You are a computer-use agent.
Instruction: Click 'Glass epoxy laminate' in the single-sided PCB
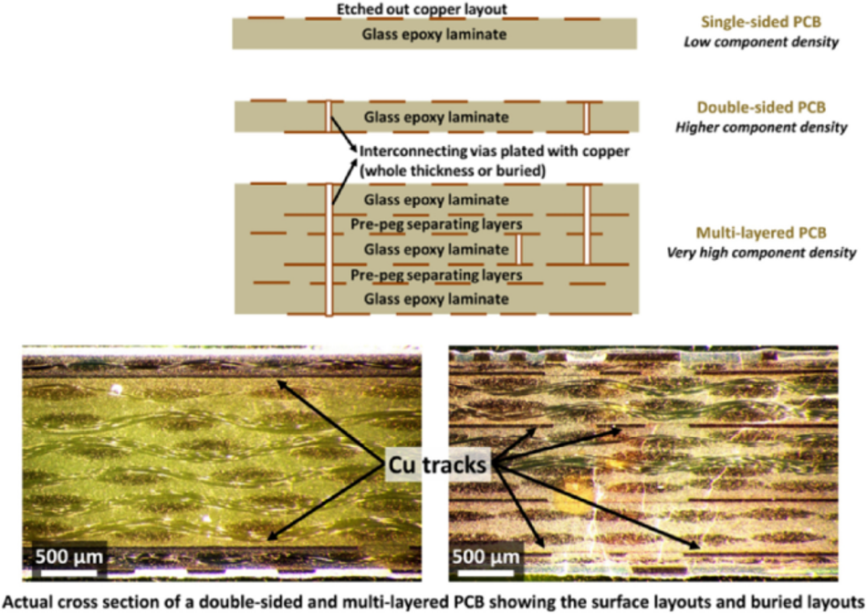435,35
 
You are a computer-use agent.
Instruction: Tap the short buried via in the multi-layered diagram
517,248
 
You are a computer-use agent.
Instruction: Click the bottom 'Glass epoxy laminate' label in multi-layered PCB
435,298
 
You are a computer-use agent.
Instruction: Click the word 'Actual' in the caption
26,601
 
